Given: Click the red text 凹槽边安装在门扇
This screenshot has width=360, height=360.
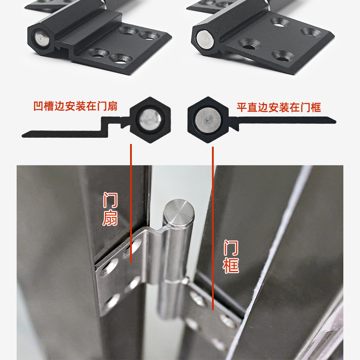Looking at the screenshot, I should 76,107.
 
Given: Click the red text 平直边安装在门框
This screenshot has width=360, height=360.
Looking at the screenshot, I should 279,107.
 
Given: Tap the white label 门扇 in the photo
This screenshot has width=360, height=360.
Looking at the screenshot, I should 110,209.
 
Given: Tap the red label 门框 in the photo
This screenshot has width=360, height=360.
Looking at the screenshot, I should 231,257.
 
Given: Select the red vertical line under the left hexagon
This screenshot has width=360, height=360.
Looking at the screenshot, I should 131,202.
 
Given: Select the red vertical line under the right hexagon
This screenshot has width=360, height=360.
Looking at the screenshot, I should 212,225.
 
